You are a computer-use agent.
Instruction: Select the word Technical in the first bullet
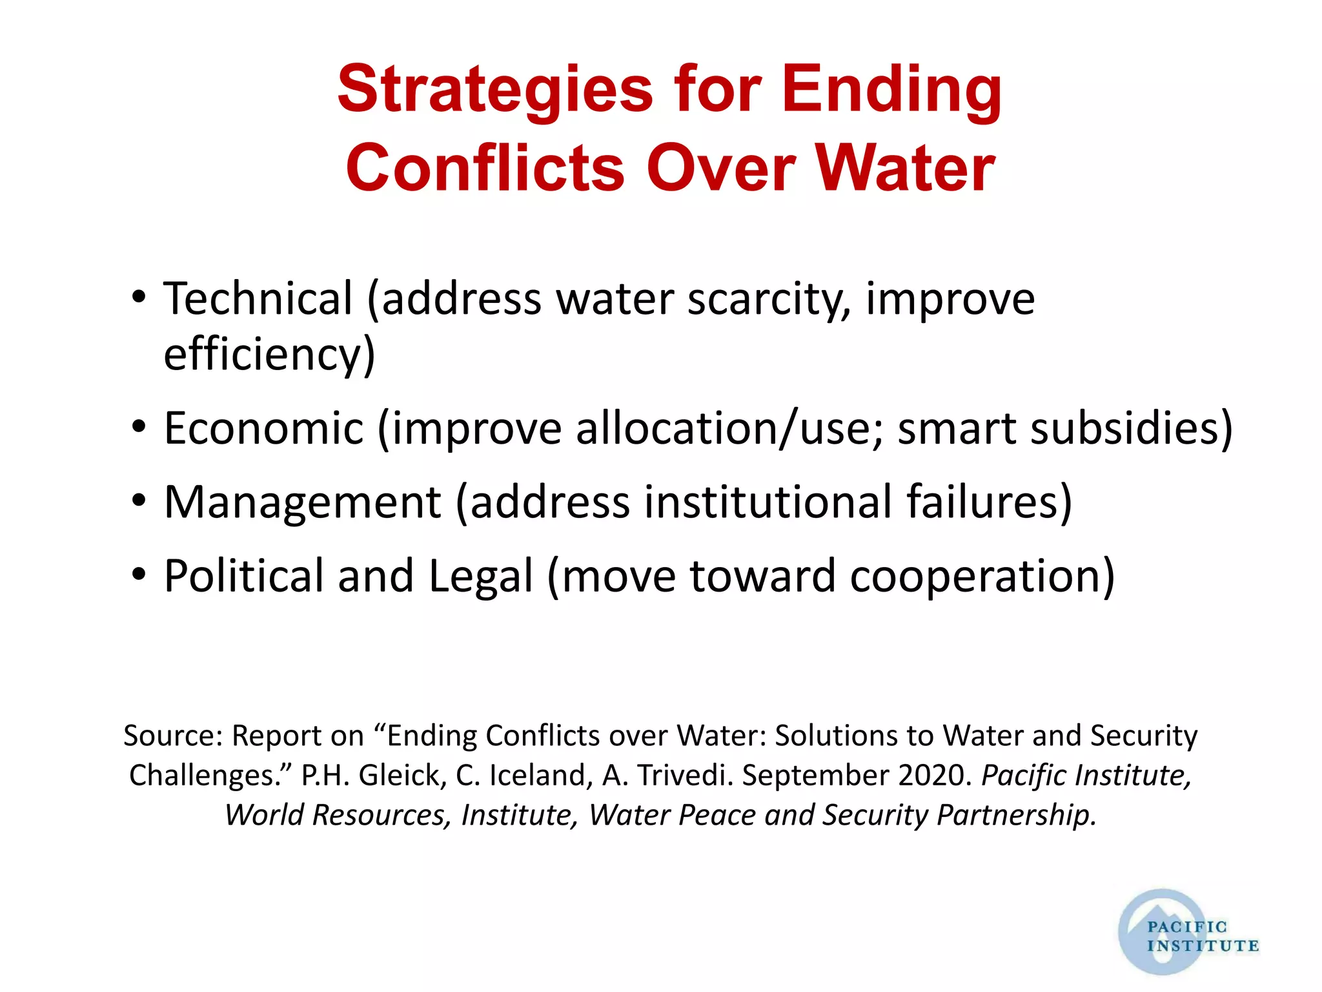pyautogui.click(x=258, y=299)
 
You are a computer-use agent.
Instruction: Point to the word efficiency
pyautogui.click(x=269, y=354)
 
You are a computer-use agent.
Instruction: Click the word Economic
pyautogui.click(x=264, y=428)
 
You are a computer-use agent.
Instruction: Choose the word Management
pyautogui.click(x=303, y=502)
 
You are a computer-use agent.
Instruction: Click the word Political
pyautogui.click(x=243, y=575)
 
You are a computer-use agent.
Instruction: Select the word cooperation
pyautogui.click(x=981, y=575)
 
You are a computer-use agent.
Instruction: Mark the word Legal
pyautogui.click(x=481, y=575)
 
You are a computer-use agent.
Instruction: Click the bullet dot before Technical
pyautogui.click(x=139, y=299)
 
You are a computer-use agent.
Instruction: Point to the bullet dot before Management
pyautogui.click(x=139, y=502)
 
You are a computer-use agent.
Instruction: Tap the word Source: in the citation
pyautogui.click(x=173, y=736)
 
